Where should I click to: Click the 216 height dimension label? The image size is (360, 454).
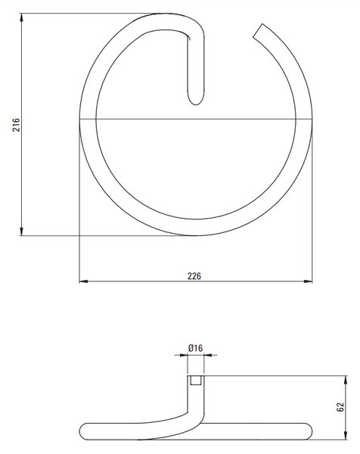pos(16,125)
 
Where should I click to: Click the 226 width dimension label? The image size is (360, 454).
pos(194,276)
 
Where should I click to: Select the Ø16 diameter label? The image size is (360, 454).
pos(196,348)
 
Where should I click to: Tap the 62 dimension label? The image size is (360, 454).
pos(340,407)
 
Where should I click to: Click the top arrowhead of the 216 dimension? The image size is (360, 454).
pos(21,17)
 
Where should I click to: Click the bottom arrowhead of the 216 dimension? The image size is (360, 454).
pos(21,231)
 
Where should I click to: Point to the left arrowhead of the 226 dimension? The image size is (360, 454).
pos(84,281)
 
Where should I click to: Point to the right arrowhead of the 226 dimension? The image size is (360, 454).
pos(308,281)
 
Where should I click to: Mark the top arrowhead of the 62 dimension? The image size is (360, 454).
pos(346,380)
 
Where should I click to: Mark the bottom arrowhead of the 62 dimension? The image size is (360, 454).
pos(346,435)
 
